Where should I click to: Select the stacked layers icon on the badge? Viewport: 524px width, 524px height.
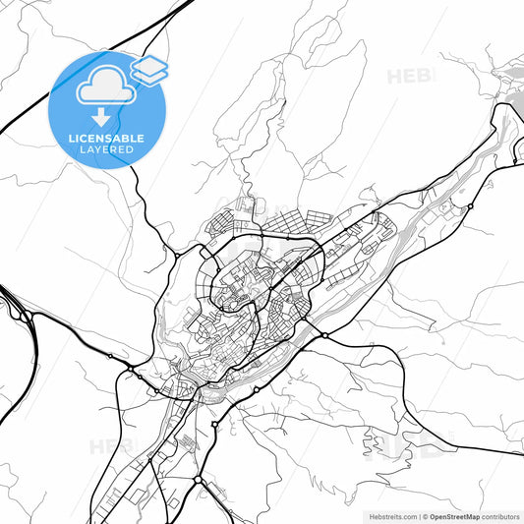click(149, 69)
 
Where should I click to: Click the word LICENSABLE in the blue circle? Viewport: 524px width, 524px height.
click(106, 139)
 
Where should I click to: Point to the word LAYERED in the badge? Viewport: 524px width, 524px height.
click(106, 150)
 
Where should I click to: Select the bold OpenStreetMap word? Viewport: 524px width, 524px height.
click(453, 515)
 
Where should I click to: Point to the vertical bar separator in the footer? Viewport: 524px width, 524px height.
click(417, 515)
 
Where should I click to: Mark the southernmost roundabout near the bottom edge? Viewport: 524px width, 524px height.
click(198, 480)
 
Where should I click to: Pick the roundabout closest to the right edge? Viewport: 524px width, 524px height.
click(470, 206)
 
